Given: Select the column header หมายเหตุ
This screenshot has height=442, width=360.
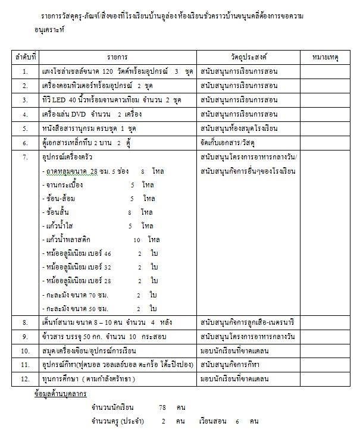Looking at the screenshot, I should tap(325, 57).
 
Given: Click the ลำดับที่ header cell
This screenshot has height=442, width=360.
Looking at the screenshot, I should tap(25, 57).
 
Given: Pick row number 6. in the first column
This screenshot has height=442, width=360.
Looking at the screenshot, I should tap(25, 143).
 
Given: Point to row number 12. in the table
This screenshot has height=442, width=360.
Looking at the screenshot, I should tap(25, 379).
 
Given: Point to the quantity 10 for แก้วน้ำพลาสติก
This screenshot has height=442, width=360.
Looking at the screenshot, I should tap(137, 240).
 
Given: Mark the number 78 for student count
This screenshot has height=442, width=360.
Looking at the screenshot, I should tap(162, 407).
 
